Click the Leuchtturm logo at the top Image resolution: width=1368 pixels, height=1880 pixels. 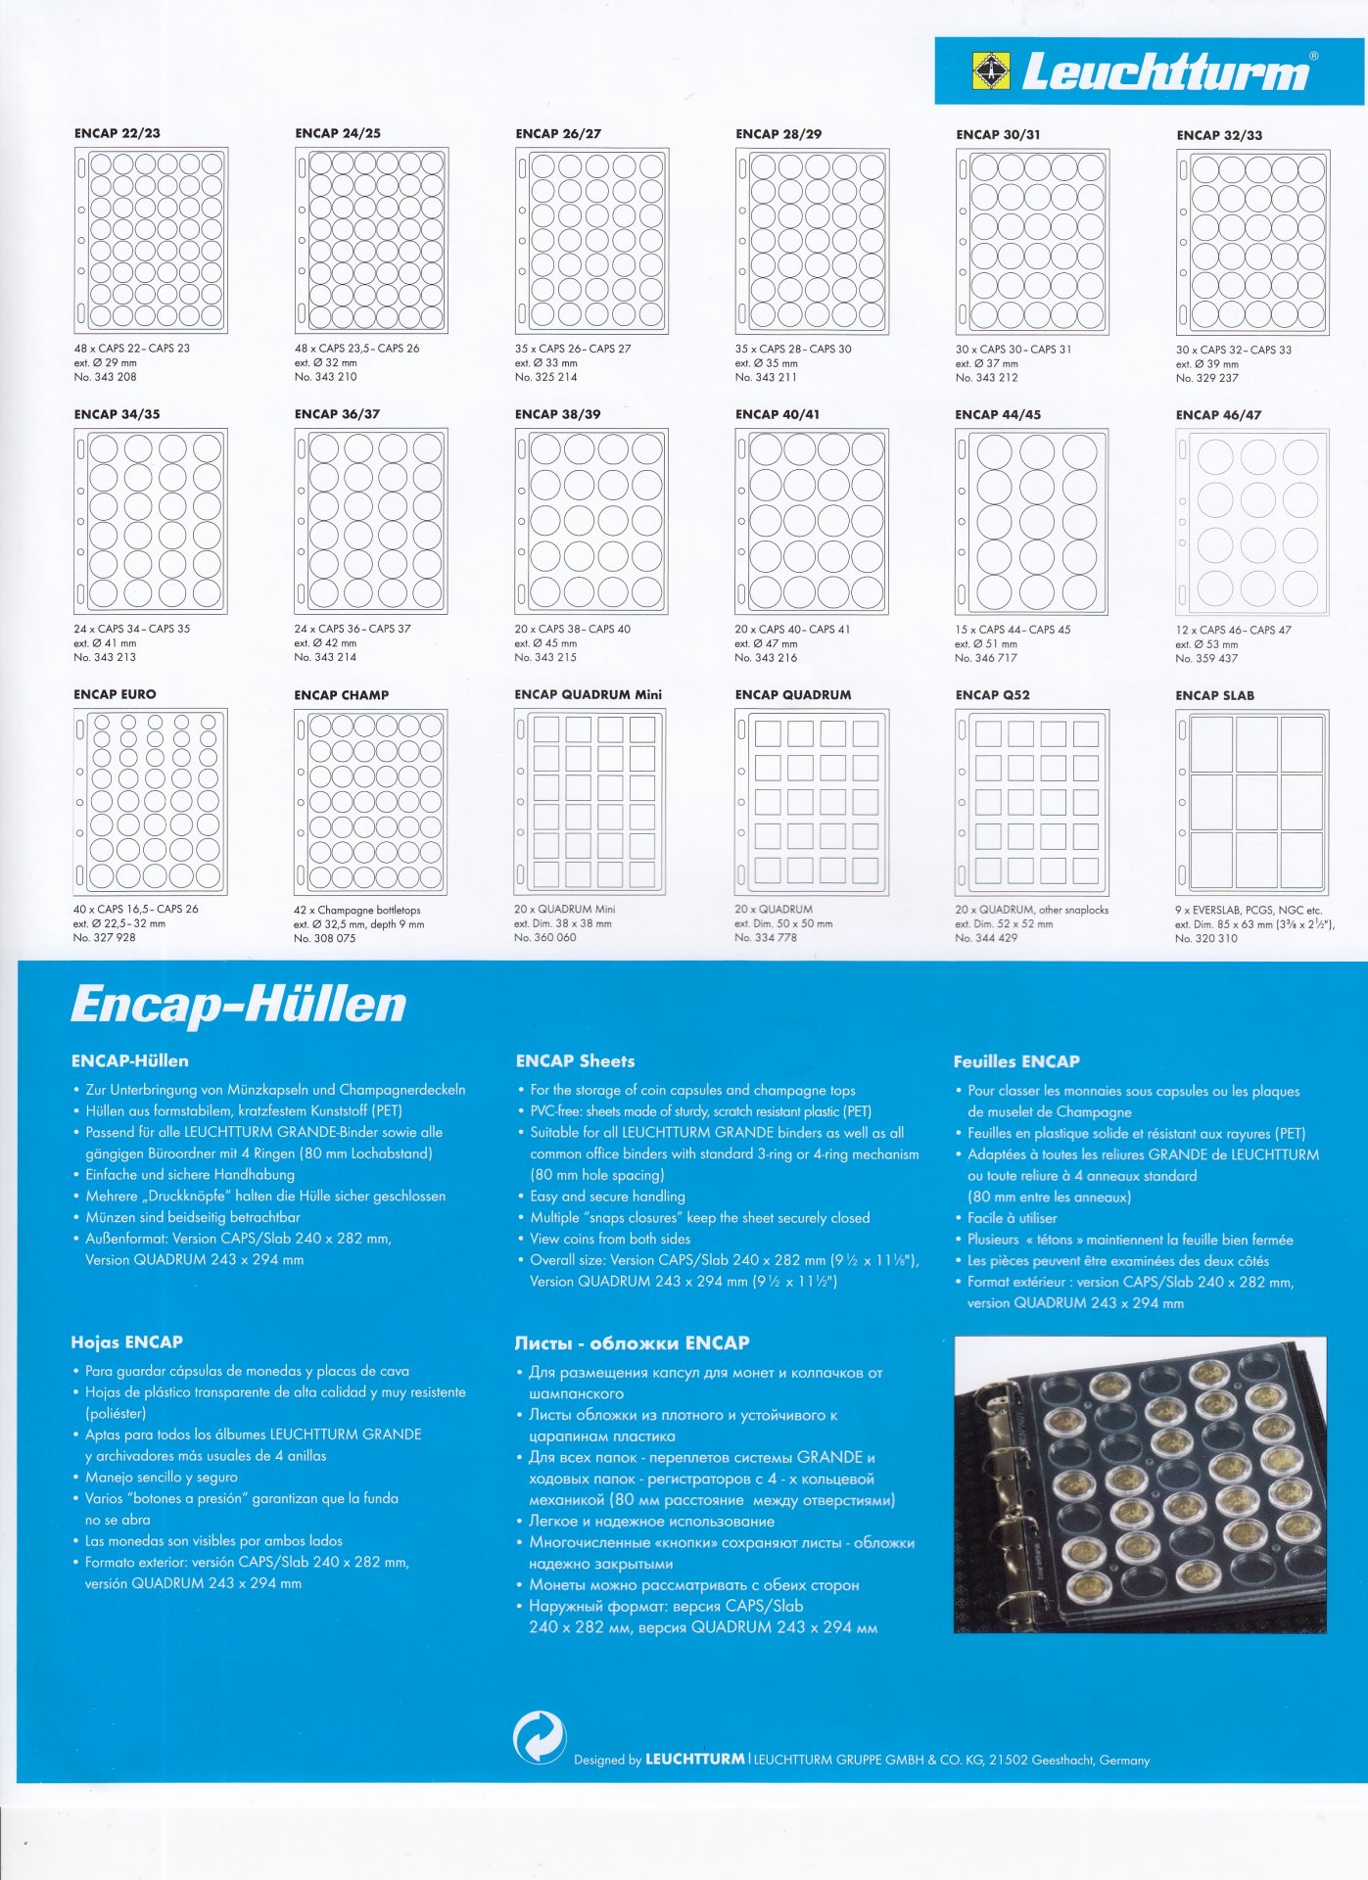(1148, 71)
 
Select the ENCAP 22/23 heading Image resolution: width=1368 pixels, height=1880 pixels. (117, 133)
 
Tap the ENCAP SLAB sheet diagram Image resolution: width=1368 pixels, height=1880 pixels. (1251, 802)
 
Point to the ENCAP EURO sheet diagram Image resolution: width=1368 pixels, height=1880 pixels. (150, 801)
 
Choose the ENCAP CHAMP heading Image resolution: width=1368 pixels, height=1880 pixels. (341, 695)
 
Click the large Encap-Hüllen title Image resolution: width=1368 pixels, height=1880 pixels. (238, 1005)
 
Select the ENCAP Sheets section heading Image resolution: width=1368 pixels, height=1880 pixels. (575, 1061)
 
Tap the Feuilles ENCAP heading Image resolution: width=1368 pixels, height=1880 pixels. (1015, 1062)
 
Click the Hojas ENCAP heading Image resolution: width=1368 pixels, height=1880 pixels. (126, 1342)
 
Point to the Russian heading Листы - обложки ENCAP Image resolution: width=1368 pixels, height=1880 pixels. (632, 1343)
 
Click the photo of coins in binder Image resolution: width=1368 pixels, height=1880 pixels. (1140, 1484)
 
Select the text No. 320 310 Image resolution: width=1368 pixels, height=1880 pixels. (1205, 938)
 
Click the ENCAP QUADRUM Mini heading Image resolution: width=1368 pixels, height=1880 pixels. (588, 695)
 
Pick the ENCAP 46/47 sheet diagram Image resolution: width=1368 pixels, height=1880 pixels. (1251, 522)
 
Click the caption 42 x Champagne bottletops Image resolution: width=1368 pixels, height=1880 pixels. (356, 911)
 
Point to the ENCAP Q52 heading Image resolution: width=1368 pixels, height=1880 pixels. (992, 695)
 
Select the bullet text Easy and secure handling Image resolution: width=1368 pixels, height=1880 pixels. (607, 1197)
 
